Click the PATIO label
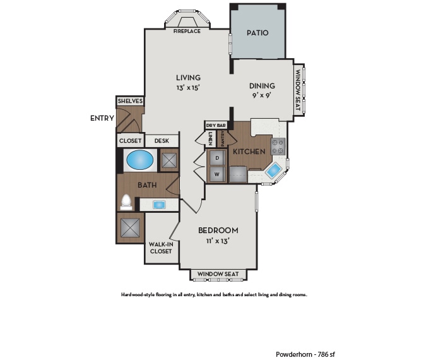257,33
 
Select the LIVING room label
188,78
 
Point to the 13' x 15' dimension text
188,88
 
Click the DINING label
261,87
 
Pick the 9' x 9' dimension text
261,97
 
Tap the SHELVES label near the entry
130,101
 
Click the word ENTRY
102,118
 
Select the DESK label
162,141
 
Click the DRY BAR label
216,126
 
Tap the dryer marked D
217,157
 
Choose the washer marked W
217,174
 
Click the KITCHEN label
248,152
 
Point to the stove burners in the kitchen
278,147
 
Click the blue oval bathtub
139,160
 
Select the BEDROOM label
218,230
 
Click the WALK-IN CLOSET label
161,248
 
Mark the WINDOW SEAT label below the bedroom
218,274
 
